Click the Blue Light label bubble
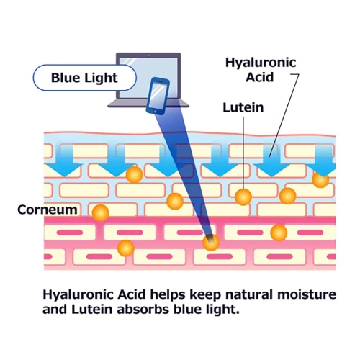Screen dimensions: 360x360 (84, 78)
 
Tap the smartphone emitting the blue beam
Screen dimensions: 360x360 (158, 96)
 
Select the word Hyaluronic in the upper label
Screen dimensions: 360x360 (261, 63)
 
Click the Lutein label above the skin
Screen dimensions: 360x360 (243, 107)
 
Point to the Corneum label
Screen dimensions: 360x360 (48, 210)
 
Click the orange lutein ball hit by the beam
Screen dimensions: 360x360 (211, 242)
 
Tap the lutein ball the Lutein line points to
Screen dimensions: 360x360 (243, 197)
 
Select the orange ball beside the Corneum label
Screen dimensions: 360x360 (100, 212)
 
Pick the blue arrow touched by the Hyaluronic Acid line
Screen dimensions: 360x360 (271, 161)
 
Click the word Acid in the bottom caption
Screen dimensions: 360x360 (132, 294)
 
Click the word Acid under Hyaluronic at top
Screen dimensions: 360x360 (259, 77)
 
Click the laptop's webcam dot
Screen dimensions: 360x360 (148, 55)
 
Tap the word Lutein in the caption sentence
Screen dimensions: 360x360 (92, 309)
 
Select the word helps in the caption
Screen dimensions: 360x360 (168, 295)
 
